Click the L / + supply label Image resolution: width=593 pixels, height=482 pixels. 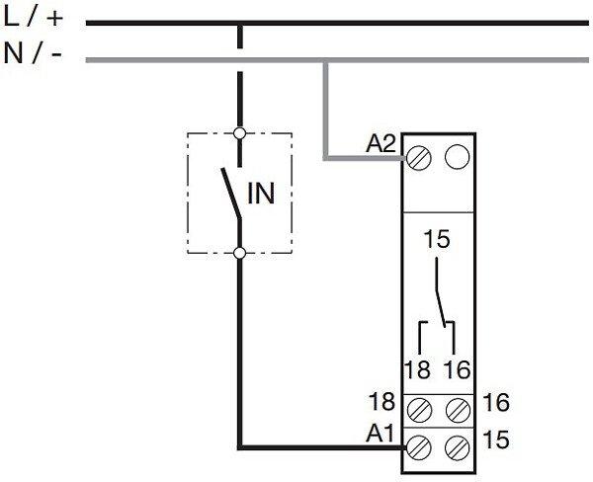(34, 18)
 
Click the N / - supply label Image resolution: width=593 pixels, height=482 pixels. (34, 54)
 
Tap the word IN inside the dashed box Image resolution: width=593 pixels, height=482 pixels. (261, 191)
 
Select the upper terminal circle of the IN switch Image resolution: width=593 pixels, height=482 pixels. (239, 130)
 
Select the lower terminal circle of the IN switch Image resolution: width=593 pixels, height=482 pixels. (239, 253)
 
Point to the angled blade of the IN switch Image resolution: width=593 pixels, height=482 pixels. (231, 194)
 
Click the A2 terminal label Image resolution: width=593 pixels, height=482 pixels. (381, 144)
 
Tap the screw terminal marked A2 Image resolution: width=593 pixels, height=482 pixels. (422, 156)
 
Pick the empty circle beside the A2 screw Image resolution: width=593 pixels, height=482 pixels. (456, 156)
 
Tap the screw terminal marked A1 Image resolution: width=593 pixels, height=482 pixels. (422, 445)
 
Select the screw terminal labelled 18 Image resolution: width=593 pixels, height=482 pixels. (422, 405)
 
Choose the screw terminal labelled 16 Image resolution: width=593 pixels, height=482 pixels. (456, 405)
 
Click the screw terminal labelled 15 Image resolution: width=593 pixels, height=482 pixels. (456, 445)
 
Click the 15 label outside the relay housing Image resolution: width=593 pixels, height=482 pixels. (497, 436)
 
